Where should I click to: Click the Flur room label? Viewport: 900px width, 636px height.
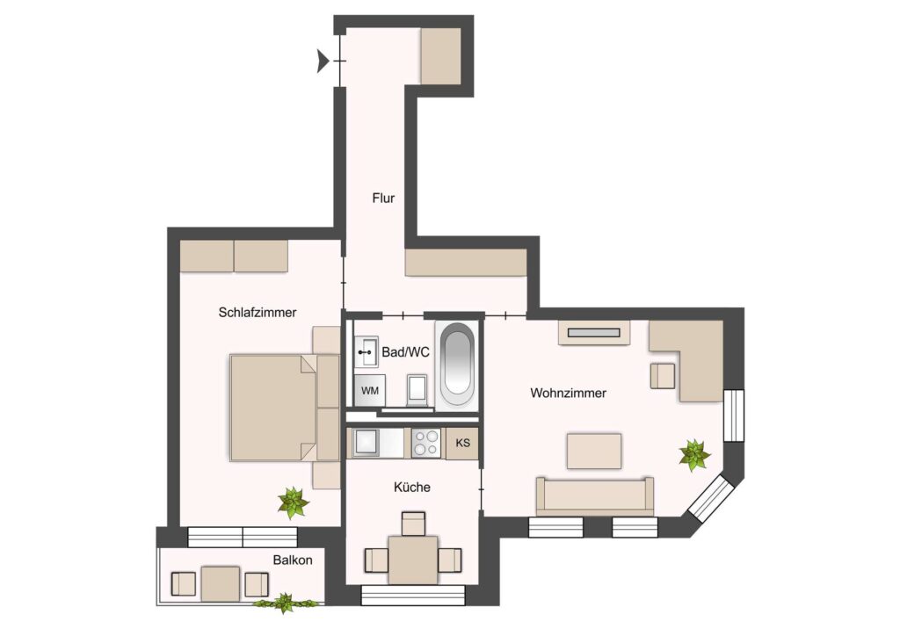[383, 199]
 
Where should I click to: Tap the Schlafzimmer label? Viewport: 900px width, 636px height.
[258, 313]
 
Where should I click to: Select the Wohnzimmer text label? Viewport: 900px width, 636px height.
[569, 393]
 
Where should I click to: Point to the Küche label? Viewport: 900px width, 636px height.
[412, 487]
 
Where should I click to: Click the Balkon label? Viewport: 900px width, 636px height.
[293, 560]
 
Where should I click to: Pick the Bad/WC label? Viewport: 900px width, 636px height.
[405, 352]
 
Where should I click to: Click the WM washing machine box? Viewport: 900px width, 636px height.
[370, 391]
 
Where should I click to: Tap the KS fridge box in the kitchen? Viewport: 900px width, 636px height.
[462, 444]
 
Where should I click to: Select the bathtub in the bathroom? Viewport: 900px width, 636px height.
[457, 366]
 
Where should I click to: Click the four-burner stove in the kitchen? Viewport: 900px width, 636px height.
[426, 444]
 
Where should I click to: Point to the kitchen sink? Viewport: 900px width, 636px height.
[366, 442]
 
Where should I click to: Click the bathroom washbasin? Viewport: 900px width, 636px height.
[365, 351]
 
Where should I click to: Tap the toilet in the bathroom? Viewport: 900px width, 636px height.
[417, 390]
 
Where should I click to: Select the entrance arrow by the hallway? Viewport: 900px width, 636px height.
[323, 61]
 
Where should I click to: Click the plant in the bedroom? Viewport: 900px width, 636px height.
[294, 503]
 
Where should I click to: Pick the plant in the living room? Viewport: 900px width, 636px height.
[694, 455]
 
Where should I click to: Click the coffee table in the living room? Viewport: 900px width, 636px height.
[594, 452]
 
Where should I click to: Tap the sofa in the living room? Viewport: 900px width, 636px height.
[595, 496]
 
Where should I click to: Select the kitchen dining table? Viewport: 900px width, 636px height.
[413, 560]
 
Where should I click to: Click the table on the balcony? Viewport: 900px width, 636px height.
[221, 584]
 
